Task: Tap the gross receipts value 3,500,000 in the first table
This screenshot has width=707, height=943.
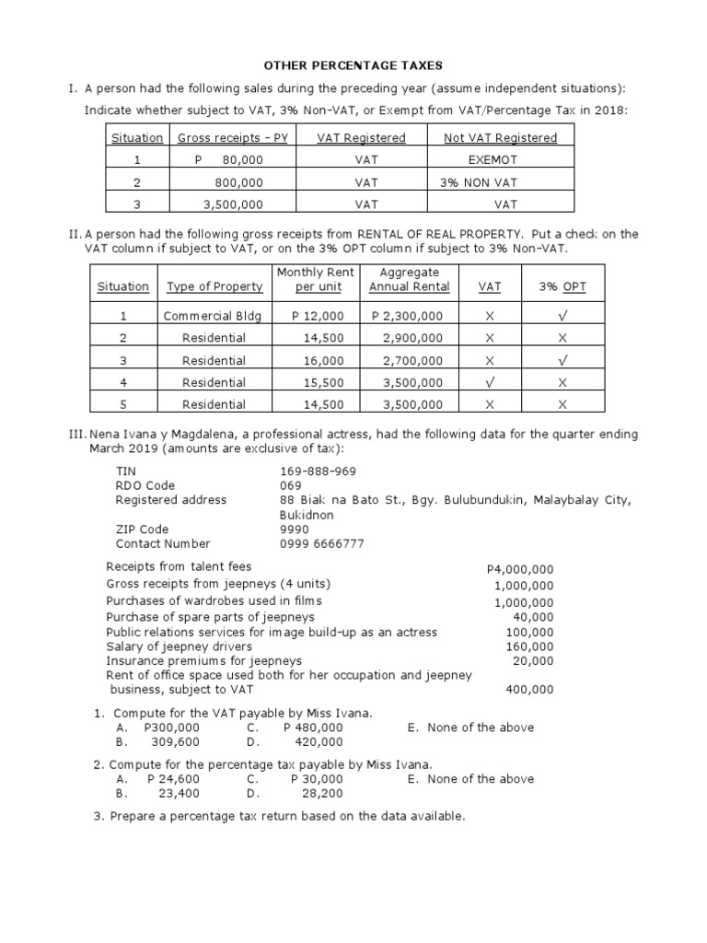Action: (233, 204)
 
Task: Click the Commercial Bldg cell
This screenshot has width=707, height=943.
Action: (214, 316)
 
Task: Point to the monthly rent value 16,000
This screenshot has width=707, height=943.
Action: (323, 360)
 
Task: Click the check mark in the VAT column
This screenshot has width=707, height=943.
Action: (491, 382)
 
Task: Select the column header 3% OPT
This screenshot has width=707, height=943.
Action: (562, 286)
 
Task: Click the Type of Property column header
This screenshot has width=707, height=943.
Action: (214, 286)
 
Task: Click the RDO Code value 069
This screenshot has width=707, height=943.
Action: (291, 485)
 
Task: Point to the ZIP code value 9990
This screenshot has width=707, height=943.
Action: (295, 530)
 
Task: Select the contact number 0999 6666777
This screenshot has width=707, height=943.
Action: (322, 543)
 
